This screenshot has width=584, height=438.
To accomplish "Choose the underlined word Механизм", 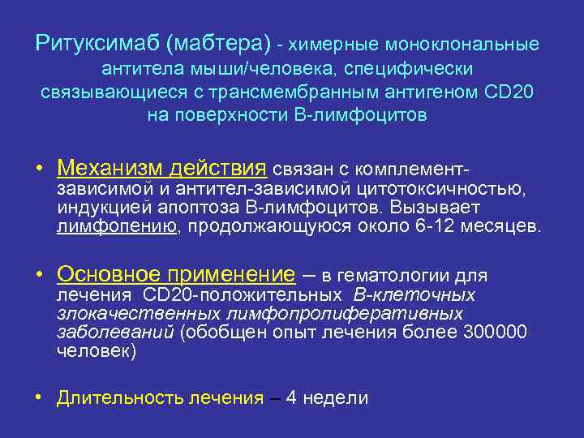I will [x=110, y=169].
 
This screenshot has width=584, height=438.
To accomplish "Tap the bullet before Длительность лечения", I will [x=39, y=398].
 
